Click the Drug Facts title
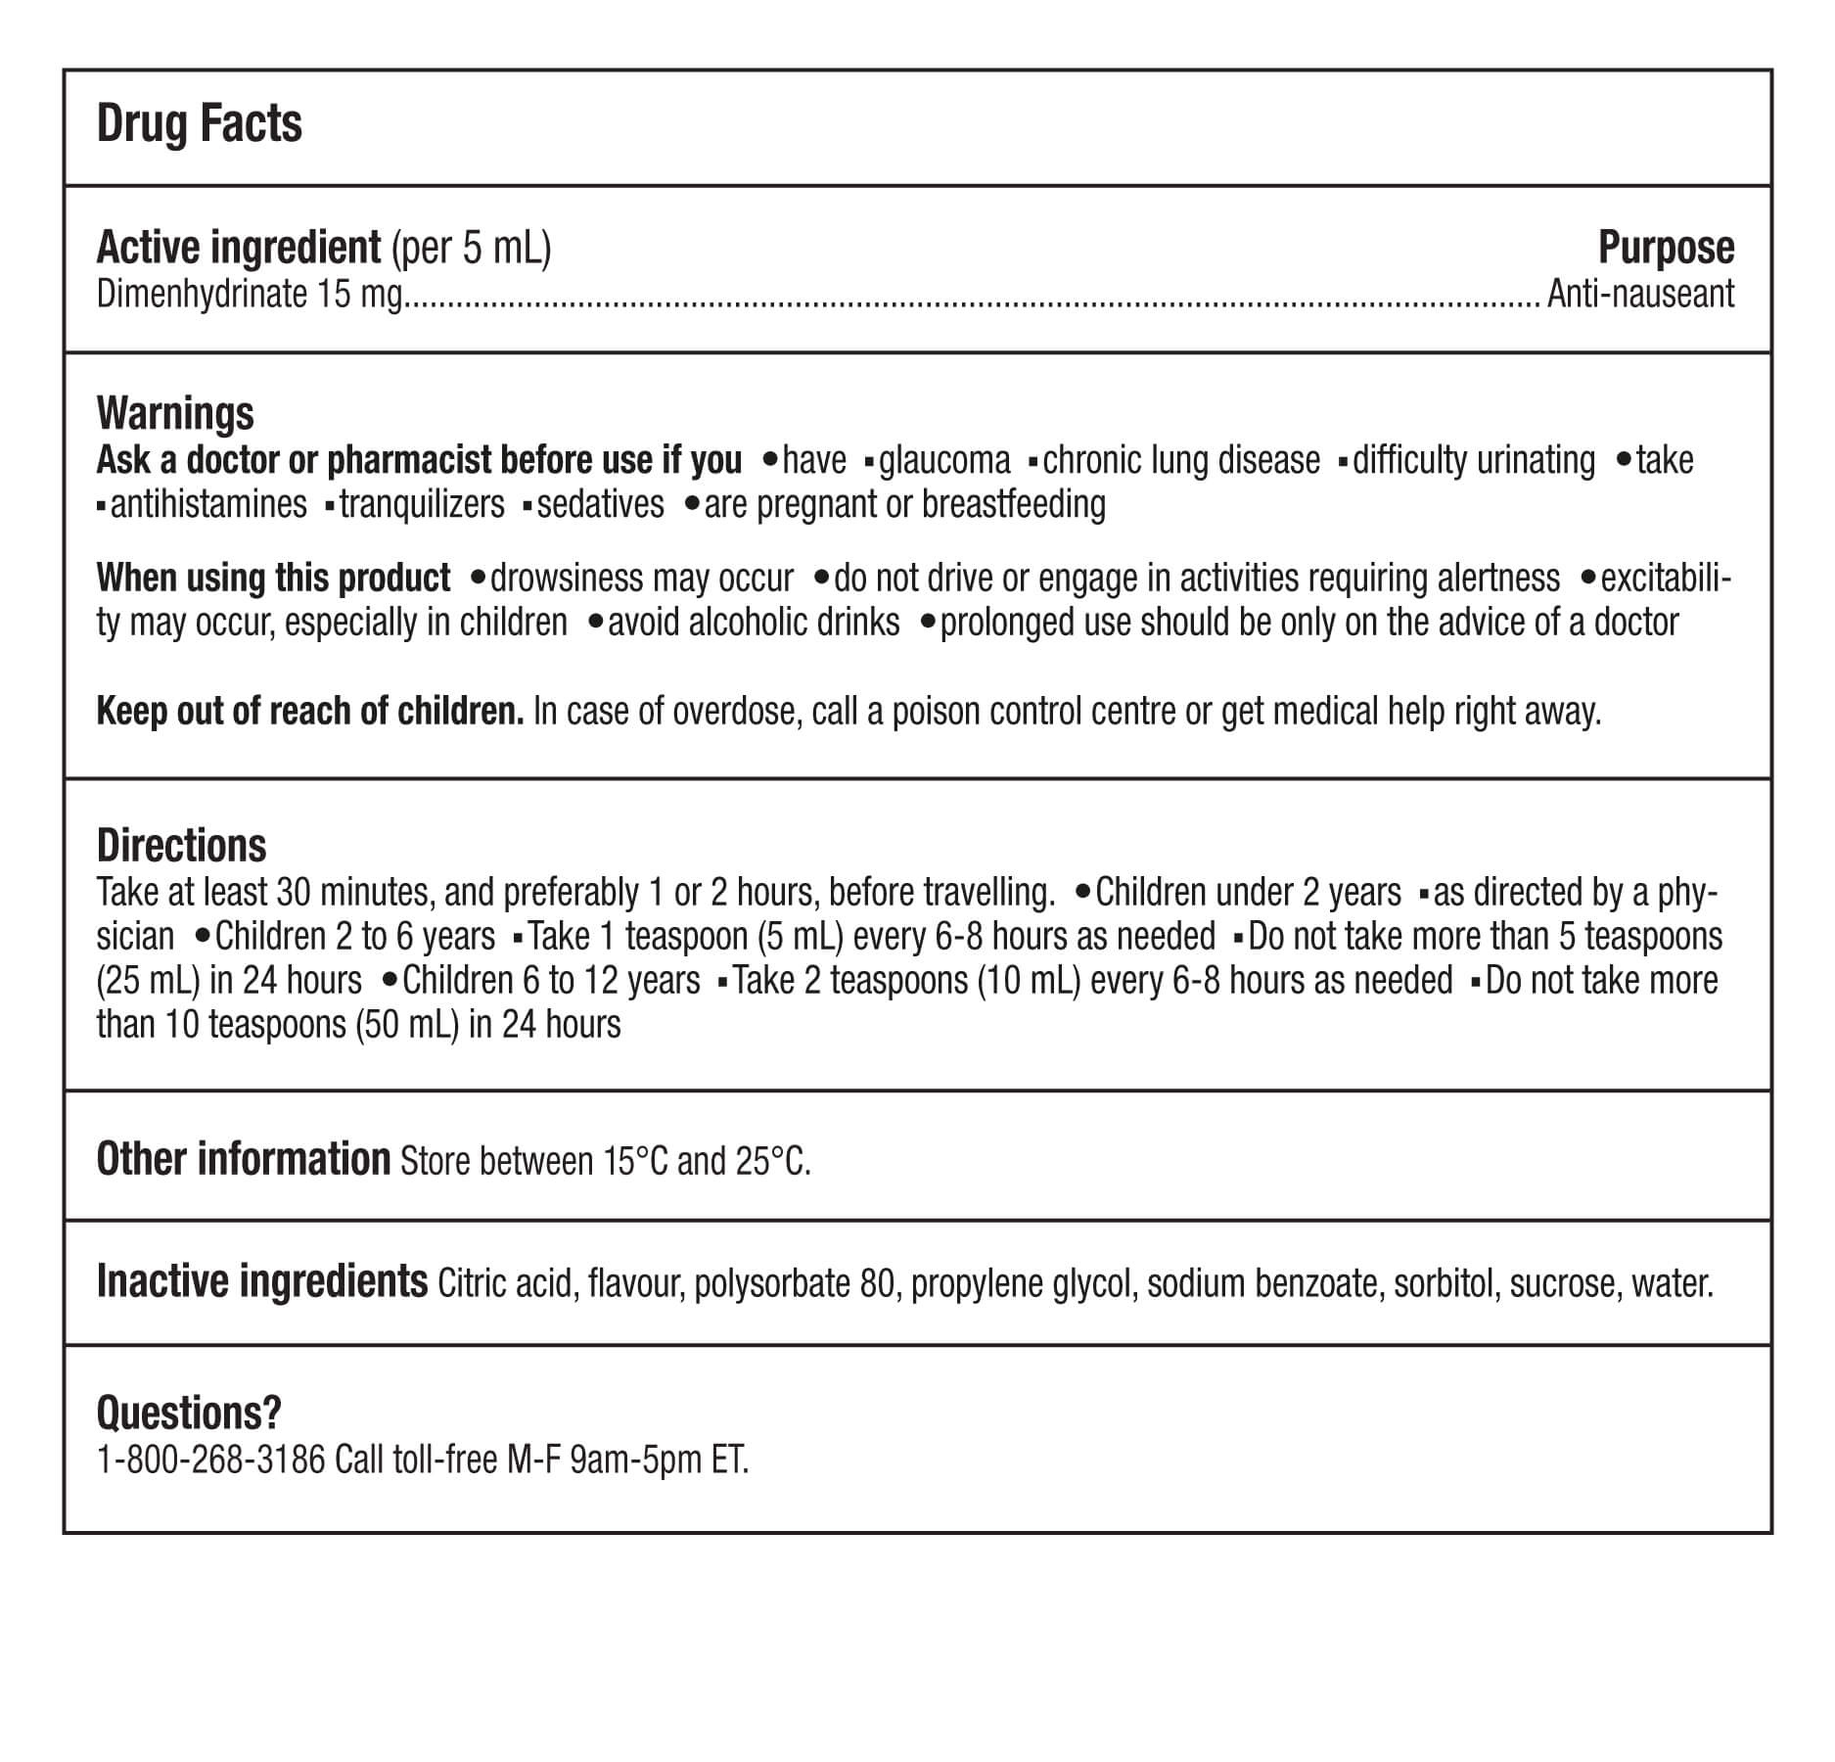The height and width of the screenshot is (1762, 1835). [x=200, y=124]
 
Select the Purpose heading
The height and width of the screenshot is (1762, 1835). [x=1666, y=248]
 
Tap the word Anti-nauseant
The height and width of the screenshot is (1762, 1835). [x=1640, y=294]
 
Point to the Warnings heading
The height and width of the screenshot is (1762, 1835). [x=175, y=413]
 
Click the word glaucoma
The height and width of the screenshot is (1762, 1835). [x=943, y=460]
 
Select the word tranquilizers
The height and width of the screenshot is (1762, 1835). [x=422, y=504]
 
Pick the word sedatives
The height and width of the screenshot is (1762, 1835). [x=600, y=504]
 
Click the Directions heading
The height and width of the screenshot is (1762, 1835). [x=181, y=845]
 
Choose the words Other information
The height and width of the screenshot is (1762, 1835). [x=244, y=1160]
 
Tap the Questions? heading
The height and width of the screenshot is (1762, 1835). [x=189, y=1413]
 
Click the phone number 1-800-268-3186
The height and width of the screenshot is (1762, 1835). [x=210, y=1461]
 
